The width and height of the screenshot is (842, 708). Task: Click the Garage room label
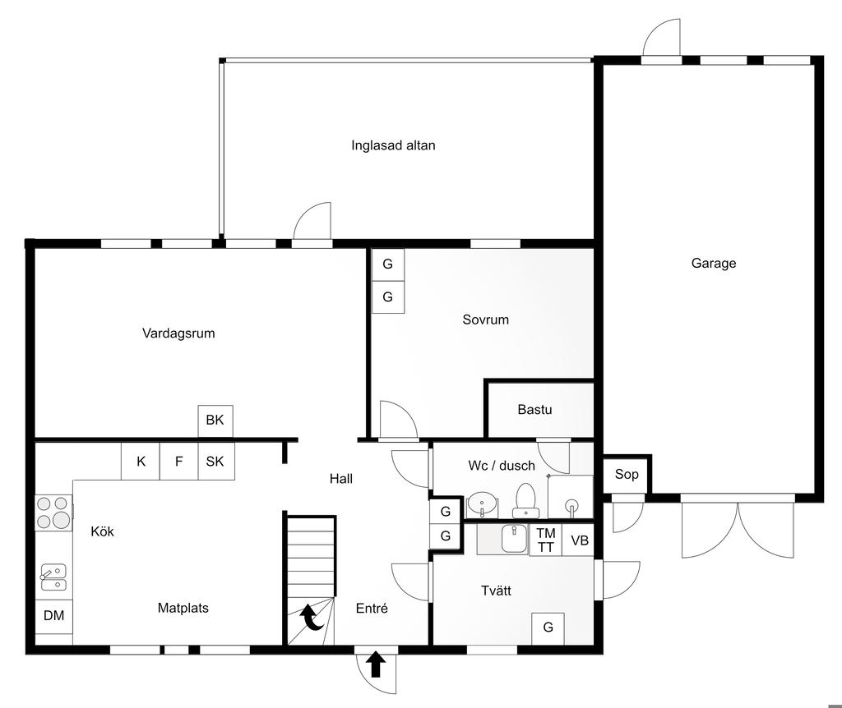(713, 264)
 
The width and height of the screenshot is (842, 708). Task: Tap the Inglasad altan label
(393, 145)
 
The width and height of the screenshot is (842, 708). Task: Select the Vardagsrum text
(178, 333)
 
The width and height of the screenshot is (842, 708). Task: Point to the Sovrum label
(485, 320)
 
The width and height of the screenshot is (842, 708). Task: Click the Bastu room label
(534, 410)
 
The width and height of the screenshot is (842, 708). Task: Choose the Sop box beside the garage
(627, 474)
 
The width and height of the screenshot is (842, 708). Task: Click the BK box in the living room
(215, 421)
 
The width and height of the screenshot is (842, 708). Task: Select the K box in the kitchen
(141, 462)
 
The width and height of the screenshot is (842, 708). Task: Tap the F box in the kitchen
(179, 462)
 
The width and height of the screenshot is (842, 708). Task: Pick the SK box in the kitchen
(216, 462)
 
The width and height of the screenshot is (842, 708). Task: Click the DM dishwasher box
(53, 616)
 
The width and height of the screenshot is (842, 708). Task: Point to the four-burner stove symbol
(53, 513)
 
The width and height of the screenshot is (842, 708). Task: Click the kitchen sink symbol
(53, 577)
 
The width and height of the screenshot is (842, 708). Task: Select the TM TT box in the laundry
(546, 540)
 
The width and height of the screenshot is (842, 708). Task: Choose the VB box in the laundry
(579, 540)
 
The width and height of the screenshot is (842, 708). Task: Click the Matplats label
(183, 609)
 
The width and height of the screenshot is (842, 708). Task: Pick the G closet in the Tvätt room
(548, 628)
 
